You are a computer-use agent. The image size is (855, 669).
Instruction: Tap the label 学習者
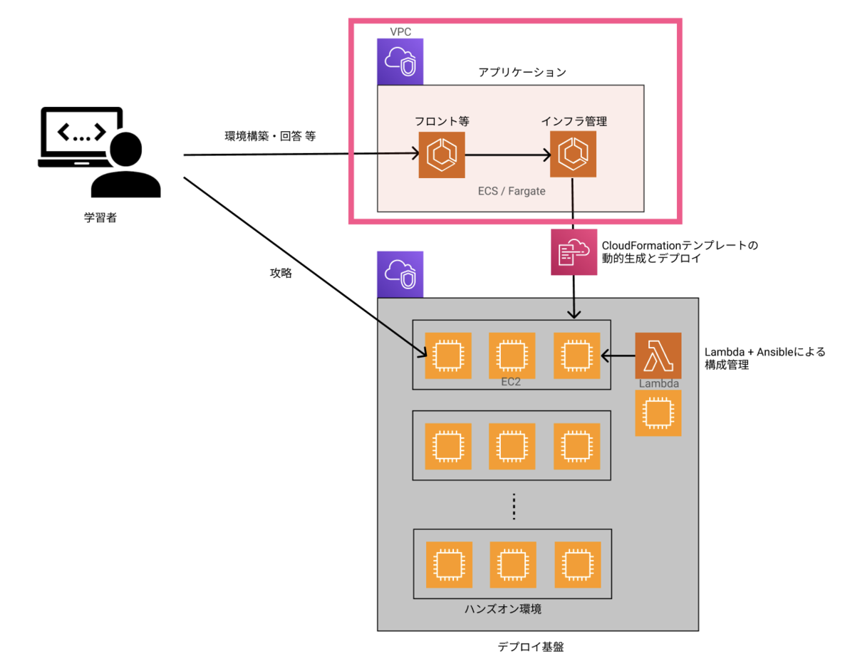point(100,218)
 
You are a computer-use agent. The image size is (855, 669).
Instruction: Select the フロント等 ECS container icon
point(441,155)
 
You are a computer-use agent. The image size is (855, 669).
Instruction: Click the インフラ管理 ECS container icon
point(573,155)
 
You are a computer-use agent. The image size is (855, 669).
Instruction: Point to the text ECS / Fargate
point(512,192)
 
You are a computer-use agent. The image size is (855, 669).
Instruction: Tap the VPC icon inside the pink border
point(400,61)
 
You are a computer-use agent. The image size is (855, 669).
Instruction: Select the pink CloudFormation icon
point(574,251)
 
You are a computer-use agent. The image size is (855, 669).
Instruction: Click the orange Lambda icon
point(658,356)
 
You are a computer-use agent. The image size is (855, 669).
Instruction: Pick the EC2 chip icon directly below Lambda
point(658,413)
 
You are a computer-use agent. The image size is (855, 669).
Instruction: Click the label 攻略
point(281,273)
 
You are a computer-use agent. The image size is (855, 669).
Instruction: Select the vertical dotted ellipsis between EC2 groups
point(513,507)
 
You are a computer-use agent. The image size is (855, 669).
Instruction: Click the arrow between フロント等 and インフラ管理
point(507,155)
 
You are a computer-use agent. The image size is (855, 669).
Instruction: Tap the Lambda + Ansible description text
point(765,358)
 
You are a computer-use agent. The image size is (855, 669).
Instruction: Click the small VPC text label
point(400,32)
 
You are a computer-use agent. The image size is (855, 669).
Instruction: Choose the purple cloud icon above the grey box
point(400,274)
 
